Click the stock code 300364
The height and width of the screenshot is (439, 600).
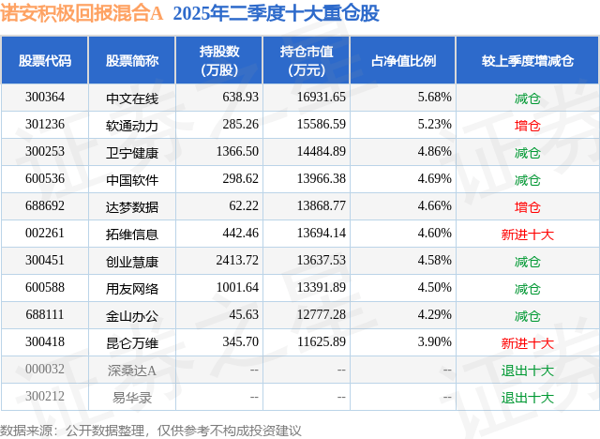[45, 97]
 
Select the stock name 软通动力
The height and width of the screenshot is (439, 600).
[132, 124]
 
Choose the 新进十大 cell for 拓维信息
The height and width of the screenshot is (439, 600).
[528, 234]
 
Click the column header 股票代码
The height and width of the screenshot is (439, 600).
[45, 61]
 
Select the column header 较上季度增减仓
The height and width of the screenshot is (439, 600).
[528, 61]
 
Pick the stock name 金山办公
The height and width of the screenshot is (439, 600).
[132, 315]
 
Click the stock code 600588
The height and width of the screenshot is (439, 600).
[45, 288]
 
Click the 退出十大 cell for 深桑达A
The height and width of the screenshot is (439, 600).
[528, 370]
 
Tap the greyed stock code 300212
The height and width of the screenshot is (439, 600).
[45, 397]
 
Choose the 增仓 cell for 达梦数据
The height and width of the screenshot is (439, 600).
[528, 206]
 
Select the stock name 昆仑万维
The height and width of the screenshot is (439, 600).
[132, 342]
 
